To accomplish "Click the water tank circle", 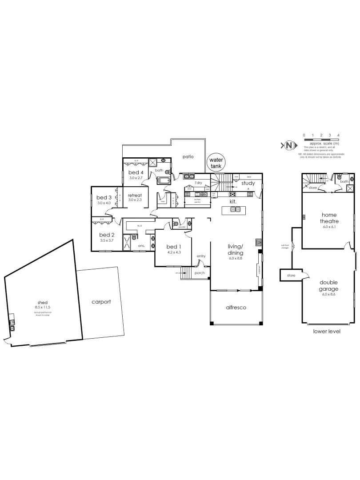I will click(216, 163).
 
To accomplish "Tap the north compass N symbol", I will click(289, 145).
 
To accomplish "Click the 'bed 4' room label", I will click(136, 172).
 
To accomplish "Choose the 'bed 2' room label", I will click(107, 235).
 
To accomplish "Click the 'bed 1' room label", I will click(173, 247).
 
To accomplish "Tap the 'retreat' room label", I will click(135, 195).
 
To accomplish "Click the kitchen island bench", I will click(233, 210).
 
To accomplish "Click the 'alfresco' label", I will click(236, 307).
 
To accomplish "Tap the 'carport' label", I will click(101, 302).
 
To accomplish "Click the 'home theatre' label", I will click(329, 218).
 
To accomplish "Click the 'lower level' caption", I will click(327, 331).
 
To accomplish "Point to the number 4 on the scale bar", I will click(339, 135).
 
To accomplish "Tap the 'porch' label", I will click(200, 272).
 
